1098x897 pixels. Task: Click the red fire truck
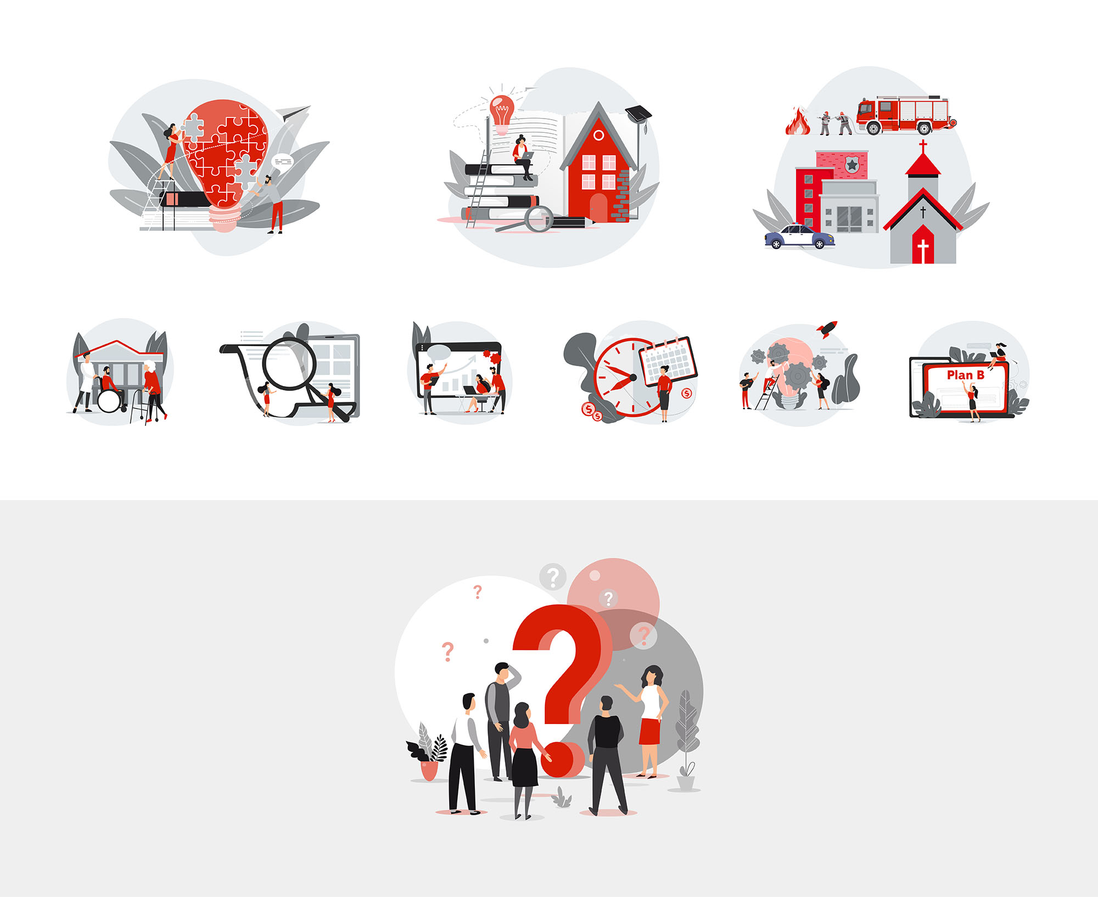click(x=905, y=115)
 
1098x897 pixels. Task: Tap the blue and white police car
click(x=800, y=237)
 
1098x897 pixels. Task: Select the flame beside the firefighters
click(x=798, y=121)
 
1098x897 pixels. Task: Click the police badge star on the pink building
click(x=852, y=164)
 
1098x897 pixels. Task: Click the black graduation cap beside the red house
click(x=638, y=113)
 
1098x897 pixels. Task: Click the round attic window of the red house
click(x=599, y=135)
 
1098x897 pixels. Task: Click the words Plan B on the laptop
click(x=965, y=375)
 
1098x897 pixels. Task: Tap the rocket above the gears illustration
click(x=826, y=329)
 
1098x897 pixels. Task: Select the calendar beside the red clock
click(x=669, y=360)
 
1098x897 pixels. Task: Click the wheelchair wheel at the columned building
click(x=109, y=401)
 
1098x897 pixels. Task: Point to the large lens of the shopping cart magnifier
click(x=289, y=364)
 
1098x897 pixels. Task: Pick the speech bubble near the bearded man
click(x=283, y=161)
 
